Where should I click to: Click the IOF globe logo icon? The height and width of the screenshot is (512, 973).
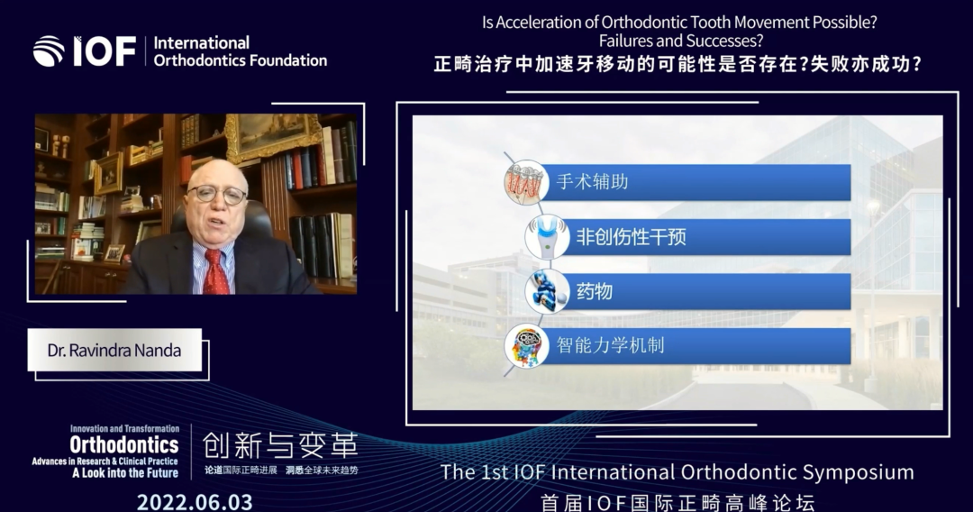49,51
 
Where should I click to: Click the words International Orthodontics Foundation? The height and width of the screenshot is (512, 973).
240,52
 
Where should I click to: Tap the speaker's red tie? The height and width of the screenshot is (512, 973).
216,270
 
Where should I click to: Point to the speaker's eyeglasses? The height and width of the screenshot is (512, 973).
218,196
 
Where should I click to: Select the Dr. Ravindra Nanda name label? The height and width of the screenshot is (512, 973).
114,351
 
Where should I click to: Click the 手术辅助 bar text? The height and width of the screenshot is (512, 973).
592,182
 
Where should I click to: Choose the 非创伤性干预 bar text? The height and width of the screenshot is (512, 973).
632,238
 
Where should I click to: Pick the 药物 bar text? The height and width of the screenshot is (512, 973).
595,291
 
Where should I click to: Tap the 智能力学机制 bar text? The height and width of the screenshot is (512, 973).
611,345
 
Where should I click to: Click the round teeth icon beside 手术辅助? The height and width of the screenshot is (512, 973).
526,182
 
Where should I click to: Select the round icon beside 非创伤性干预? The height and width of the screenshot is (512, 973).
547,237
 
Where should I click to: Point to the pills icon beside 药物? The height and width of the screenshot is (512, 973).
547,291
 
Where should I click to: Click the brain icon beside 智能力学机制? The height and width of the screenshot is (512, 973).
526,346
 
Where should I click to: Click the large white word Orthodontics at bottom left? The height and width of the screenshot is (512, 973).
124,444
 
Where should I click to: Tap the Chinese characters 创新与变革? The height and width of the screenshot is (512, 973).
280,445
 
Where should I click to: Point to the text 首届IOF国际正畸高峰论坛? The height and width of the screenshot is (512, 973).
677,502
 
